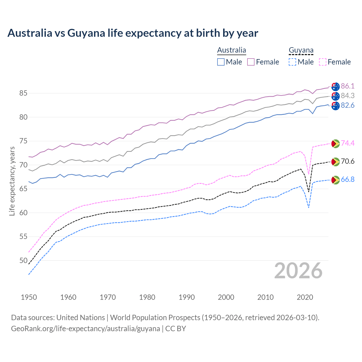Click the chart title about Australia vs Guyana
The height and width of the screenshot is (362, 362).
coord(133,33)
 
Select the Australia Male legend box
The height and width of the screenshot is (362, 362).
coord(221,62)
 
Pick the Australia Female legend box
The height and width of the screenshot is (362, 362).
coord(251,62)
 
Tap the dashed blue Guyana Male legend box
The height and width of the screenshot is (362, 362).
coord(292,62)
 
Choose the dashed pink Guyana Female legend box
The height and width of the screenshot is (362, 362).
coord(323,62)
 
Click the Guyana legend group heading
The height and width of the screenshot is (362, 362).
coord(301,50)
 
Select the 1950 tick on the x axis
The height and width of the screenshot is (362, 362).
coord(29,297)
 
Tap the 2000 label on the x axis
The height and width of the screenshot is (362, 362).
coord(226,297)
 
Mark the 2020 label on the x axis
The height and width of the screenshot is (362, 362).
coord(305,297)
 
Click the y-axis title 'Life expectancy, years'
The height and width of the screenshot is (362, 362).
coord(12,181)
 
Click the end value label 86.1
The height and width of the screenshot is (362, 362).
coord(348,86)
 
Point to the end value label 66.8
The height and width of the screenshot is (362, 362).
coord(348,180)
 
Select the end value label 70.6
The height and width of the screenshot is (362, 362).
coord(348,161)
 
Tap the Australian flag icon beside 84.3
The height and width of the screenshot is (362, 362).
coord(335,96)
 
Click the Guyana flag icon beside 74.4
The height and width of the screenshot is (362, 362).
coord(335,143)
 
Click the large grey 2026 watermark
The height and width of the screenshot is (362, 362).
coord(298,271)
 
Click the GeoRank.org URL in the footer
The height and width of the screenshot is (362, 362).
coord(85,329)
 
